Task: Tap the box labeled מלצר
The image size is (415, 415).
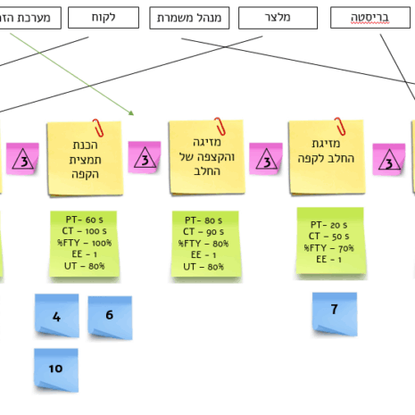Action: (x=278, y=18)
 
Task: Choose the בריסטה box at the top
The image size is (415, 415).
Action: (x=369, y=18)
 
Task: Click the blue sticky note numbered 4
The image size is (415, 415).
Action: (x=56, y=316)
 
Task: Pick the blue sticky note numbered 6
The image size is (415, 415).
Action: (x=109, y=315)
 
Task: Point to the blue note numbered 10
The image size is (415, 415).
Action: (x=56, y=369)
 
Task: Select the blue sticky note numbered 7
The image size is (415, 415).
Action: (x=334, y=311)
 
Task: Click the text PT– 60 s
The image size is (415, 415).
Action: (x=83, y=220)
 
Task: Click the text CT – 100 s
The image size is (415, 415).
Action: (x=83, y=231)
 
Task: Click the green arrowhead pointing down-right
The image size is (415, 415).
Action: (x=130, y=112)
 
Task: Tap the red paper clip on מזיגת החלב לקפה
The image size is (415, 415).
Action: (x=339, y=126)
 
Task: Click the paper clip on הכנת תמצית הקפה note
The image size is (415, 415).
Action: (x=95, y=128)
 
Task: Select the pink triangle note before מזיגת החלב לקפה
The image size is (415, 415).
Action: (x=266, y=161)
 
